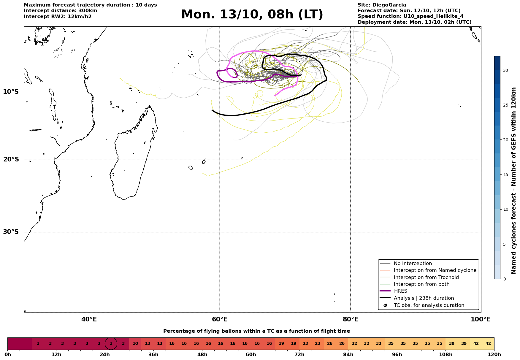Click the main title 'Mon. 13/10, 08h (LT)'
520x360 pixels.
[252, 15]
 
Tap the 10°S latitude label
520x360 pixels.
[11, 92]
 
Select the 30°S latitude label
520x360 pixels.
[11, 232]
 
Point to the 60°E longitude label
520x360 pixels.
[220, 320]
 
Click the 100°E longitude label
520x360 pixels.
[481, 320]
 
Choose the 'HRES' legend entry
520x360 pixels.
[400, 291]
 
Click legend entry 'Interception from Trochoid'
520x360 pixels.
[426, 277]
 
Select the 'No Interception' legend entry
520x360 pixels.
[413, 264]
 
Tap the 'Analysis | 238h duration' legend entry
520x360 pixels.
[424, 298]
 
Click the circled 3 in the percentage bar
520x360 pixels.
[111, 344]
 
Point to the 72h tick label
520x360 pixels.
[299, 355]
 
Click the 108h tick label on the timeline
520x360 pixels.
[446, 355]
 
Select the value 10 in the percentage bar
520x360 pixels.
[135, 344]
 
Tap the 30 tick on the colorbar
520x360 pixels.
[505, 70]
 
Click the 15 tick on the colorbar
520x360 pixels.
[505, 175]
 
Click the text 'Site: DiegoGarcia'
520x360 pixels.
[382, 5]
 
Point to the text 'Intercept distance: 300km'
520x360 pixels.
[60, 11]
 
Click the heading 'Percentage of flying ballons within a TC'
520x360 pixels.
[256, 331]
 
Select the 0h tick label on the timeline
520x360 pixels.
[8, 355]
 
